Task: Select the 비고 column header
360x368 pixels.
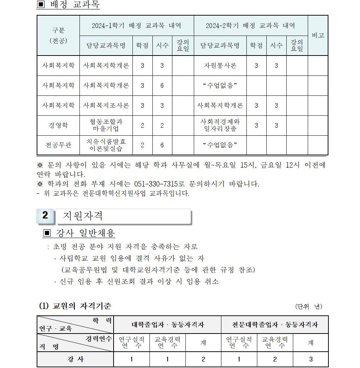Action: (x=318, y=36)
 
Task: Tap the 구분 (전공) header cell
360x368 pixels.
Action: (x=58, y=36)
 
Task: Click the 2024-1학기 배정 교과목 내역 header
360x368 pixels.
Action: (x=136, y=26)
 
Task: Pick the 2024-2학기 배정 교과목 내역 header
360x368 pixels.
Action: (x=250, y=26)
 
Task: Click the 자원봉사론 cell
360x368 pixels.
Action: (x=220, y=66)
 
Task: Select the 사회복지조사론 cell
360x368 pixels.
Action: (x=106, y=106)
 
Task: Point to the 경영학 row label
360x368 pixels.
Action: (x=58, y=125)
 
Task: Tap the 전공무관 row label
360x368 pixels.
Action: (x=58, y=145)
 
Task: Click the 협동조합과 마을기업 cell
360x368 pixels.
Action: (x=106, y=125)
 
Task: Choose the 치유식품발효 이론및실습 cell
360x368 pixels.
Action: (x=106, y=145)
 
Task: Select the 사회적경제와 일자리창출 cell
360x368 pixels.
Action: (x=220, y=125)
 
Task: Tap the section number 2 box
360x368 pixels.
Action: (x=45, y=216)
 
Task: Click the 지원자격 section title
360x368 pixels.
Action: (x=83, y=216)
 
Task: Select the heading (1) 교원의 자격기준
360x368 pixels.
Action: (x=75, y=306)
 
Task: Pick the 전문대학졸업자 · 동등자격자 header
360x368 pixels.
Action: (x=275, y=324)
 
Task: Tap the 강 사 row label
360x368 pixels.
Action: (x=75, y=359)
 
